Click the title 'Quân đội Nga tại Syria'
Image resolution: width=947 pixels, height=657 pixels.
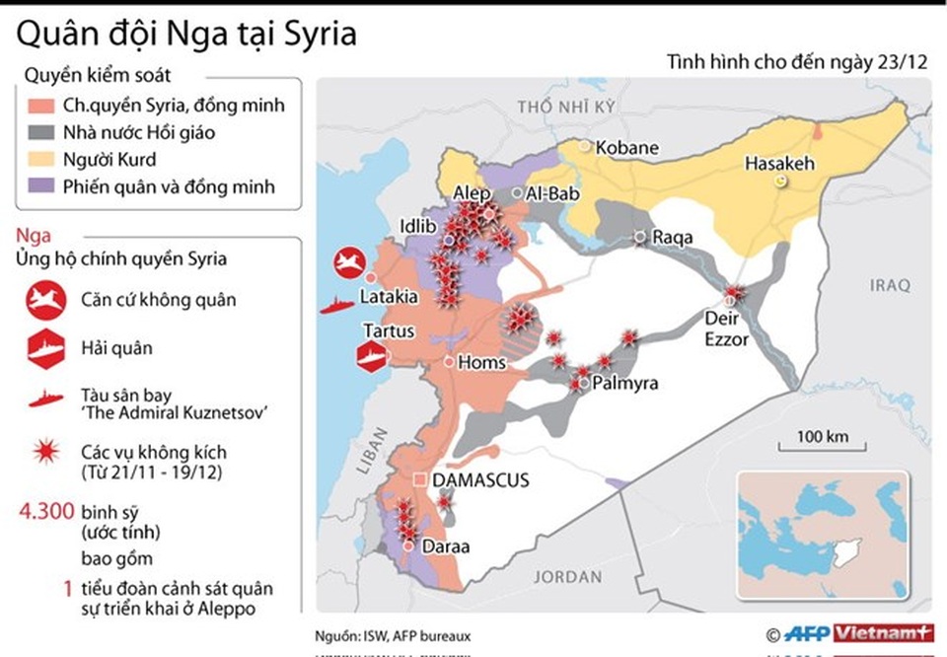pyautogui.click(x=185, y=35)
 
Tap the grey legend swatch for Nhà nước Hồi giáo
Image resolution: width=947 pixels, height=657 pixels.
pyautogui.click(x=43, y=131)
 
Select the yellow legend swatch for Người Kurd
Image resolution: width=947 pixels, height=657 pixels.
pyautogui.click(x=43, y=159)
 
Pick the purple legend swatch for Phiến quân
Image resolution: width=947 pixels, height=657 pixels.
pyautogui.click(x=43, y=185)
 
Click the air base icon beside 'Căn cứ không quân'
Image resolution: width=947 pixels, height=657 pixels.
pyautogui.click(x=45, y=300)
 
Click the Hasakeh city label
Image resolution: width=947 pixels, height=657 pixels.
pyautogui.click(x=779, y=164)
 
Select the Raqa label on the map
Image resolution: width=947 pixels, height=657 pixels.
pyautogui.click(x=672, y=238)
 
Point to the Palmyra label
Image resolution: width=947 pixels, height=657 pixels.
pyautogui.click(x=623, y=384)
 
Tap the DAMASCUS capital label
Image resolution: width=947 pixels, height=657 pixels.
pyautogui.click(x=482, y=480)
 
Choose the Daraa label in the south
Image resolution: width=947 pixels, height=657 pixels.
pyautogui.click(x=446, y=547)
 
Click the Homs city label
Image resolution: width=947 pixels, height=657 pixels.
pyautogui.click(x=482, y=362)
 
